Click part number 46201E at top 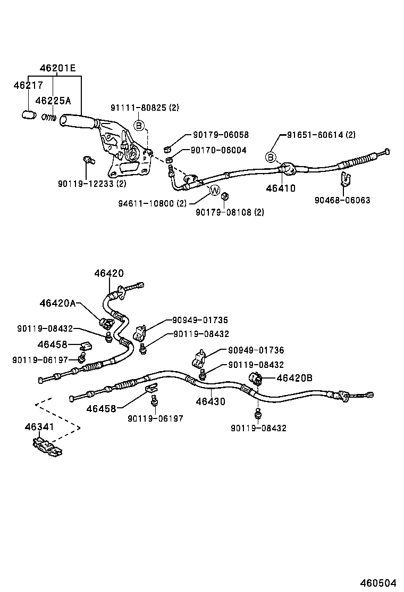tap(57, 68)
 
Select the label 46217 tap(28, 85)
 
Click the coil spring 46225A tap(49, 117)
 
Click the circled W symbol tap(215, 190)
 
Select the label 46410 tap(281, 188)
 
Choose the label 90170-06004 tap(215, 150)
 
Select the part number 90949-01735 tap(200, 320)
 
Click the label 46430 tap(210, 401)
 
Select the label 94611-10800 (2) tap(152, 203)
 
